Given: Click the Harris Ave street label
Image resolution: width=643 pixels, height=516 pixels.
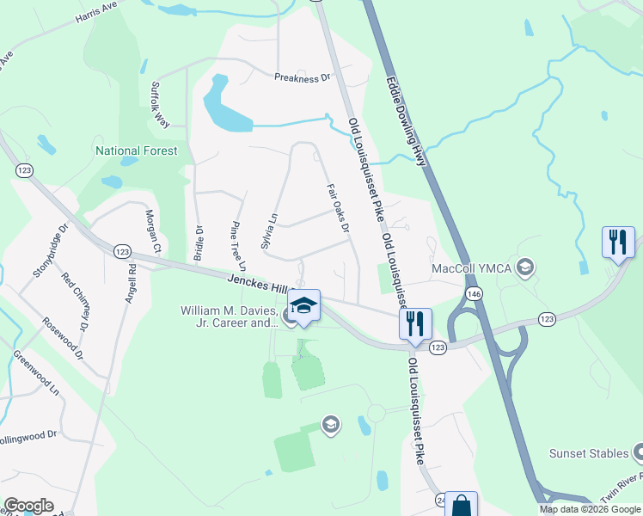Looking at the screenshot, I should [96, 11].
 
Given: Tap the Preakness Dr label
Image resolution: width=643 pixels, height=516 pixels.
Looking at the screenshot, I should [303, 77].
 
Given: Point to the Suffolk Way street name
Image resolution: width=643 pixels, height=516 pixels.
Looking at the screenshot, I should [160, 104].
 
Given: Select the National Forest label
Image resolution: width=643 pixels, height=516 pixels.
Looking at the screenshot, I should [137, 150].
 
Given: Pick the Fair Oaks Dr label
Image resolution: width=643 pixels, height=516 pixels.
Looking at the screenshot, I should [338, 207].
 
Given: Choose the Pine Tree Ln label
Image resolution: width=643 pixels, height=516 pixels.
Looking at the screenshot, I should [238, 243].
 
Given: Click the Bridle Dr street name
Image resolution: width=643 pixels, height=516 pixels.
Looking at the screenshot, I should [199, 242].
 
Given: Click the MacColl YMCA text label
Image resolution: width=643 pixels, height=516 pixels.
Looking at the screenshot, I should [472, 268].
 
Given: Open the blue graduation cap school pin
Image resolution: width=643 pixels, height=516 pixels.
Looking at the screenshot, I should [303, 304].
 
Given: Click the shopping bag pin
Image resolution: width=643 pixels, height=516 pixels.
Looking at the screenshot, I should [461, 505].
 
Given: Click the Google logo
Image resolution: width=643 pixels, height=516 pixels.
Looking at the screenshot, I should [28, 506].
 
